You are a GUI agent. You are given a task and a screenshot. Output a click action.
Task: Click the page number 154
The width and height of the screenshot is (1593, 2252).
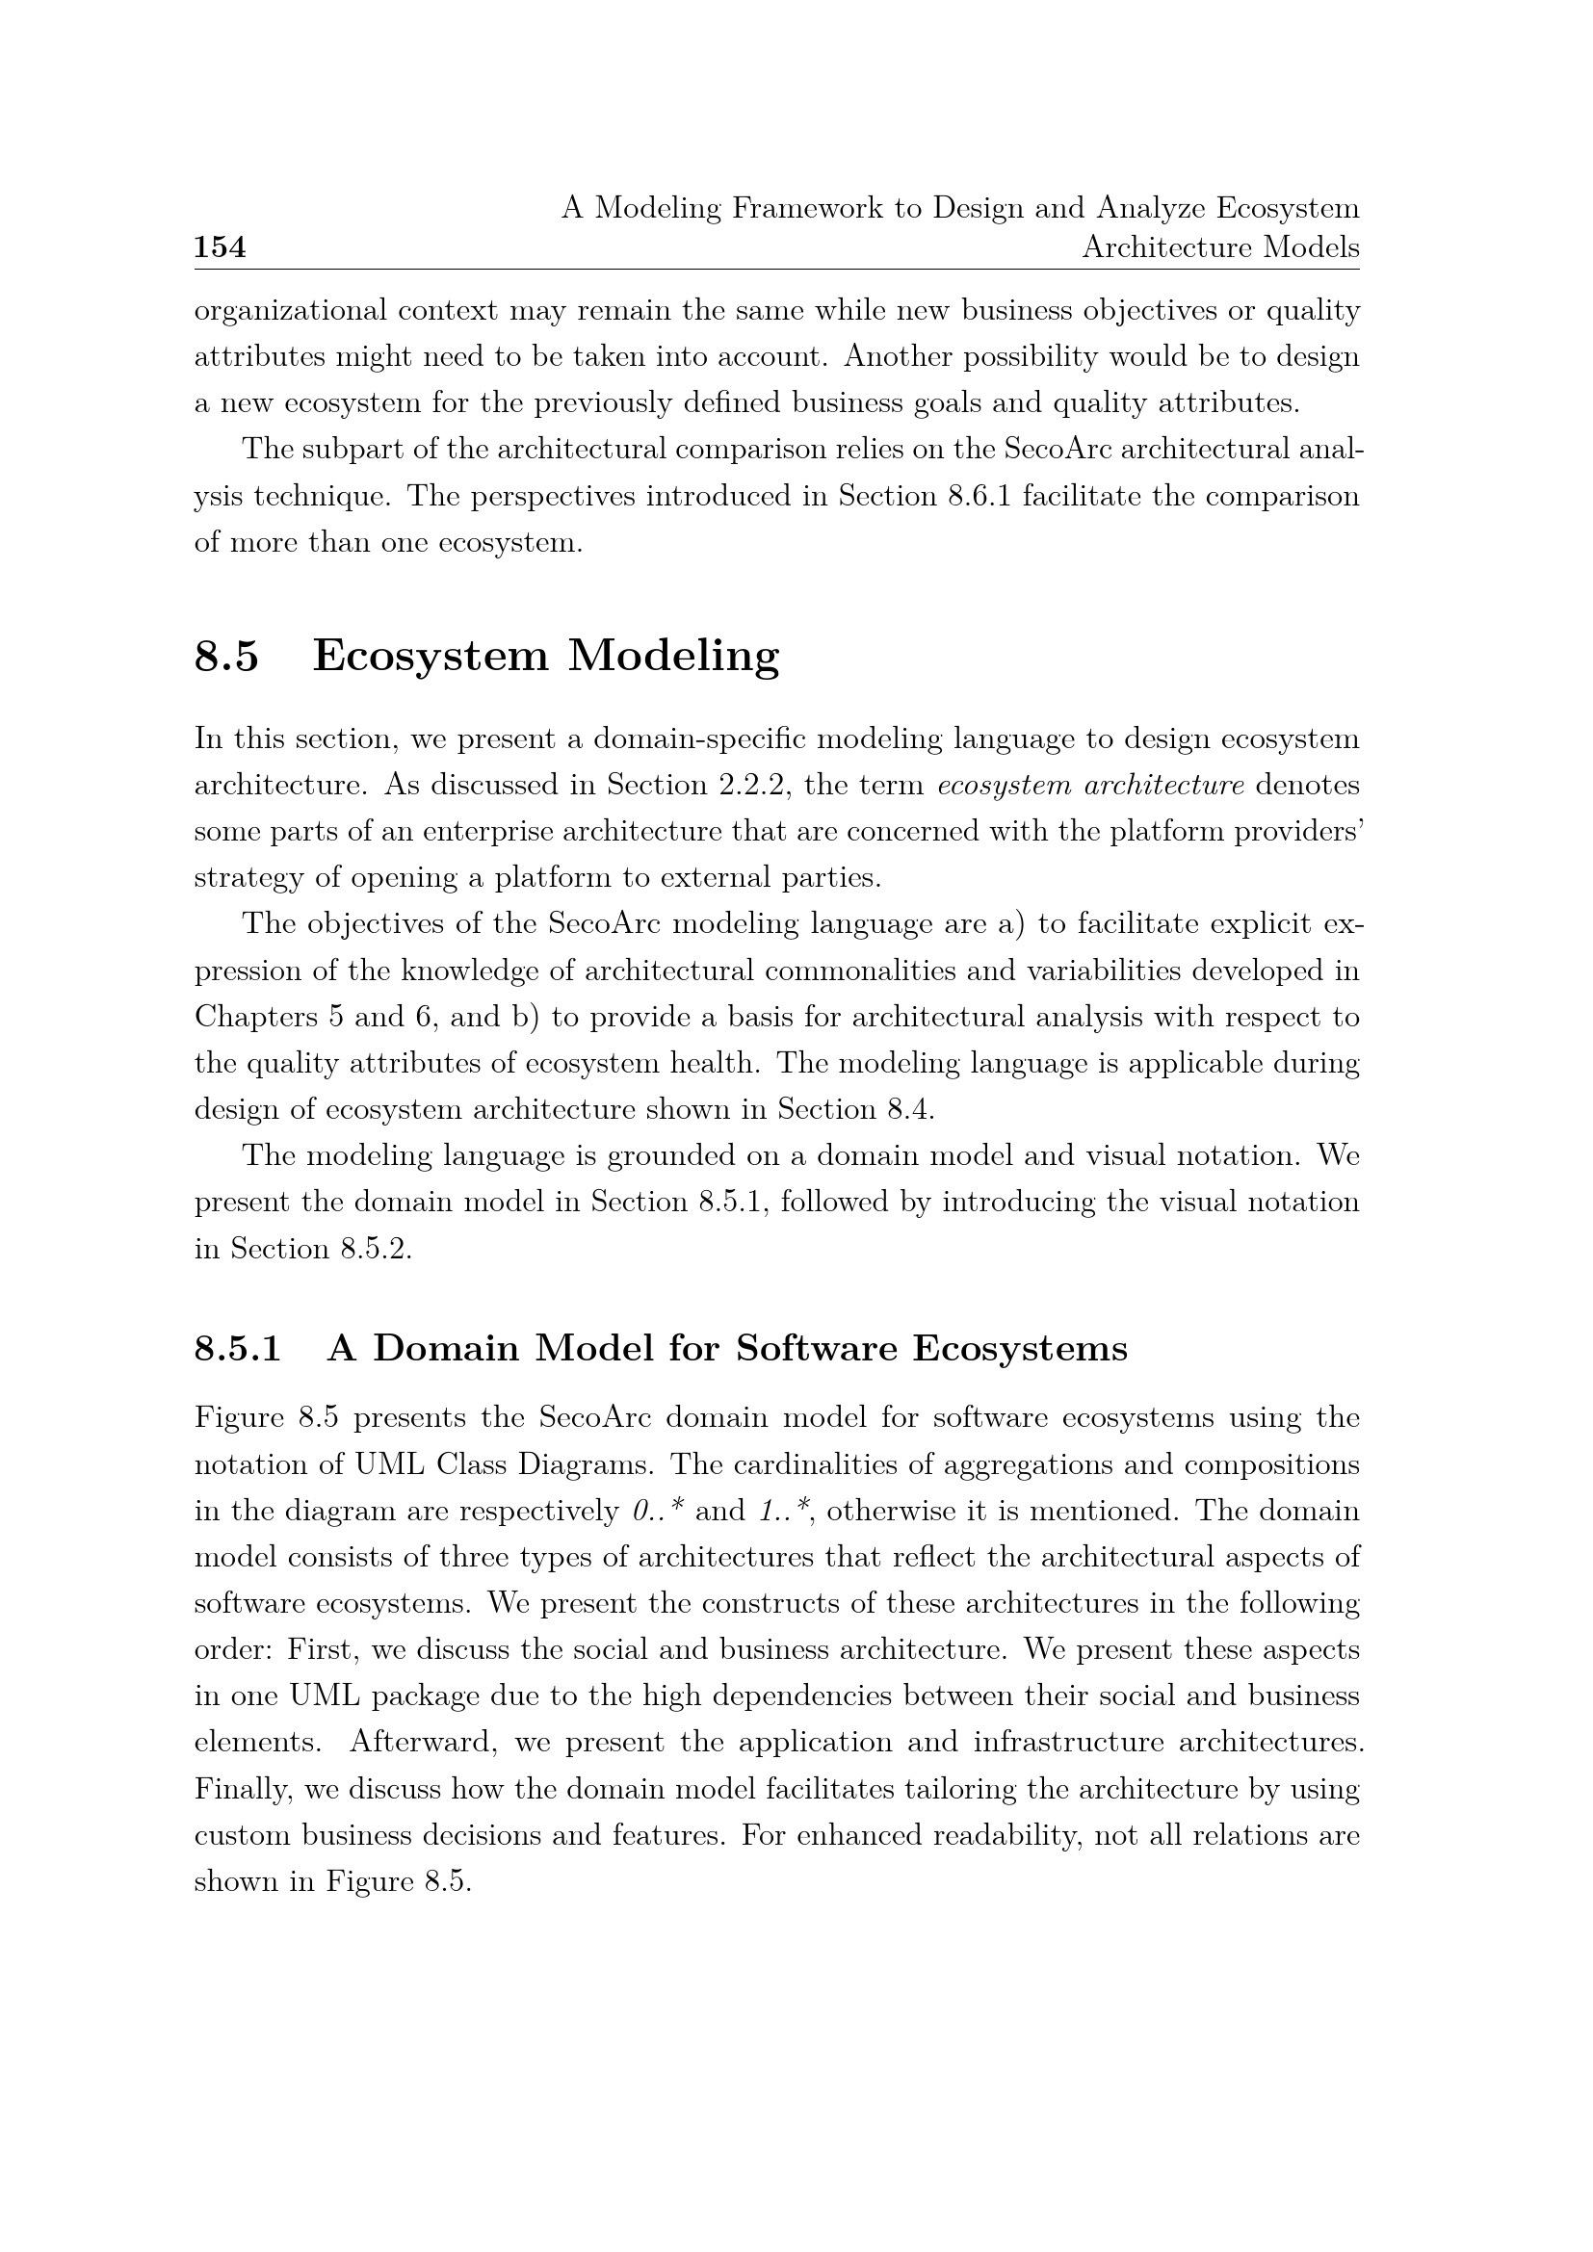(x=220, y=247)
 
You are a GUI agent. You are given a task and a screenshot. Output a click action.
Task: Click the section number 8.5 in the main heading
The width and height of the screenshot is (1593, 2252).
(x=226, y=656)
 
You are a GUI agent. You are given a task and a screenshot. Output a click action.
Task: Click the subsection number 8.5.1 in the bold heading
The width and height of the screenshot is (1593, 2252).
(x=237, y=1349)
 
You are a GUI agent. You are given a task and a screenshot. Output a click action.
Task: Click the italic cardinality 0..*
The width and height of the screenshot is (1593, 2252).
(x=658, y=1511)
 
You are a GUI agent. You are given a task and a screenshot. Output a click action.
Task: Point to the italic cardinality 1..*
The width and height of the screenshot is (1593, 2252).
(x=784, y=1511)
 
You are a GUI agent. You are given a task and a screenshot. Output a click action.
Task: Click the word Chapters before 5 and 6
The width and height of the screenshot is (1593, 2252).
(x=249, y=1017)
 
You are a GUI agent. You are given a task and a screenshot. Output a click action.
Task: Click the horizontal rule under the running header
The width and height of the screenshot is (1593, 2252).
(x=777, y=269)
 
